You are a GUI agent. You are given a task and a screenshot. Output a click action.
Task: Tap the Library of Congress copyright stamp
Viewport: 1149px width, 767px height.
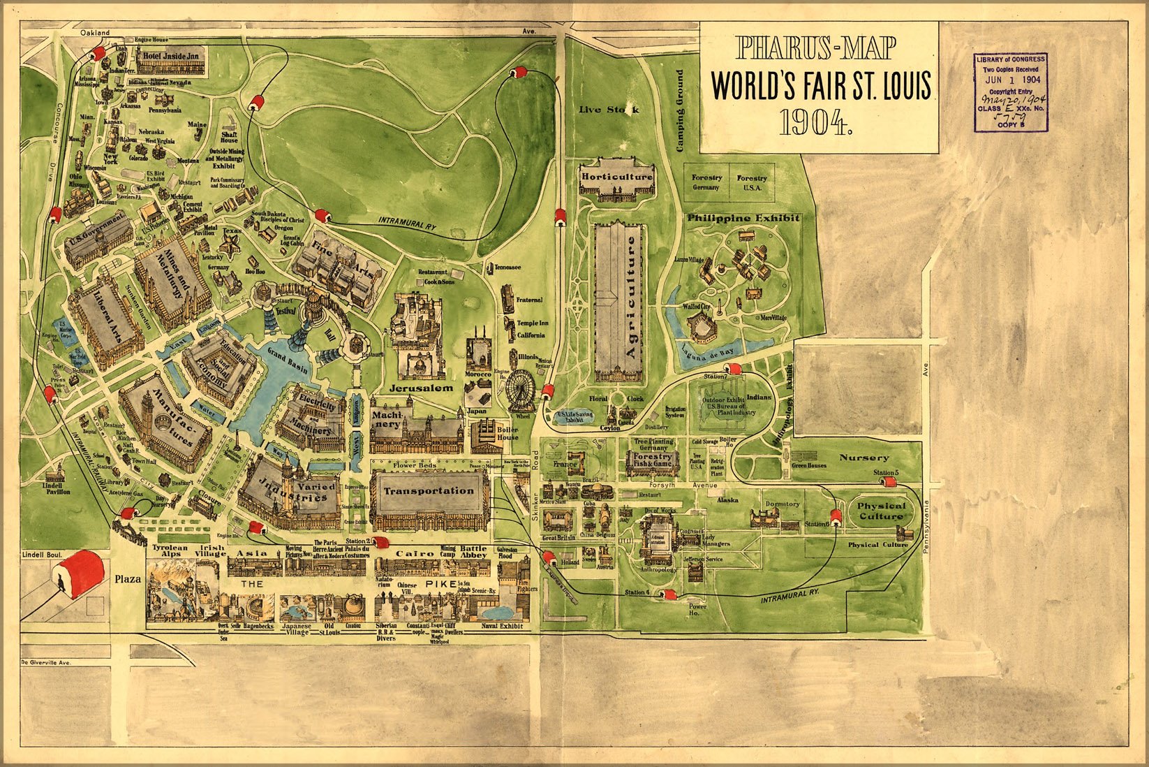pyautogui.click(x=1011, y=92)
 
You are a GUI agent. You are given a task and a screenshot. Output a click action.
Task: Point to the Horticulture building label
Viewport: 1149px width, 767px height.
pyautogui.click(x=617, y=177)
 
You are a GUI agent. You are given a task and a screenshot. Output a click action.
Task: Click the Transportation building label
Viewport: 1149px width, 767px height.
pyautogui.click(x=429, y=490)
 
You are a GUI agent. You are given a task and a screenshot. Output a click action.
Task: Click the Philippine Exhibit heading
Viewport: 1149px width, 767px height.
pyautogui.click(x=743, y=218)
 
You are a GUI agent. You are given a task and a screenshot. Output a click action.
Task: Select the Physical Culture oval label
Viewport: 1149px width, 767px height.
pyautogui.click(x=881, y=511)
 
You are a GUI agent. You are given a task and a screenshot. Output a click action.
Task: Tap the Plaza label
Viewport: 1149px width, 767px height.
pyautogui.click(x=128, y=578)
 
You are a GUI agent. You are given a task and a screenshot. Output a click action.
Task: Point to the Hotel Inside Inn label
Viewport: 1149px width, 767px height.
pyautogui.click(x=171, y=56)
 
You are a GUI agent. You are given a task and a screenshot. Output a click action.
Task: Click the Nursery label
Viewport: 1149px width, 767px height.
pyautogui.click(x=864, y=458)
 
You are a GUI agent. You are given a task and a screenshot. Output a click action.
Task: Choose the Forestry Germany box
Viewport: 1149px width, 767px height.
pyautogui.click(x=706, y=183)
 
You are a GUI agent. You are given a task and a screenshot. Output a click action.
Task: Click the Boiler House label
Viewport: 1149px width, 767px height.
pyautogui.click(x=507, y=434)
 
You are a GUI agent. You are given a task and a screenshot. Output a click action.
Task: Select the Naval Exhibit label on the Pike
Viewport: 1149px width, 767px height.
pyautogui.click(x=501, y=626)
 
